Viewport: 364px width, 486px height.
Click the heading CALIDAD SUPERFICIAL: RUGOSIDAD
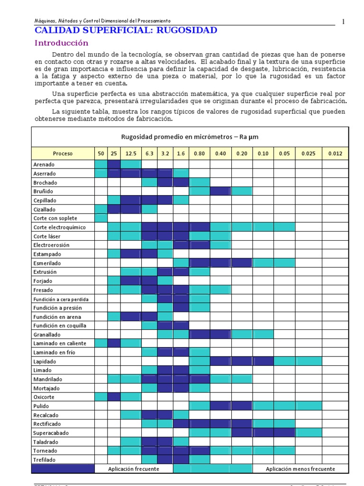[126, 30]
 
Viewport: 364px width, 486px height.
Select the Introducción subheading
[62, 43]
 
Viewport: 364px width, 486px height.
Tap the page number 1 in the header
[343, 21]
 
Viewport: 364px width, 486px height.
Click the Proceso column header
[63, 154]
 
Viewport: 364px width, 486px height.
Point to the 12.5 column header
[131, 154]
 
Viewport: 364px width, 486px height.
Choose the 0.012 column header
[335, 154]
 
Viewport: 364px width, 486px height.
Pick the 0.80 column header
[199, 154]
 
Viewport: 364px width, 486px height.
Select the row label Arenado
[44, 165]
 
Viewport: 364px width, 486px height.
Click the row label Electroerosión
[51, 245]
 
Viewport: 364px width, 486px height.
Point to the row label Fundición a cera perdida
[61, 299]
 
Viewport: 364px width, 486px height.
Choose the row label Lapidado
[45, 361]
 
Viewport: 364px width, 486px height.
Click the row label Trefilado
[45, 460]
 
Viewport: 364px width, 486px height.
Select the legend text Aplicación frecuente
[134, 469]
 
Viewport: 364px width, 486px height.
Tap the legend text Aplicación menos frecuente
[300, 469]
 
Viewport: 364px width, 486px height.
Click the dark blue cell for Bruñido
[220, 191]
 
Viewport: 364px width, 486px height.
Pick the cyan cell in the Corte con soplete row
[100, 218]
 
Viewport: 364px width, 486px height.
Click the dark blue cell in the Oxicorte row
[114, 397]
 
